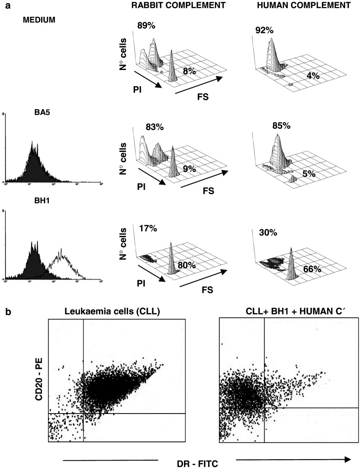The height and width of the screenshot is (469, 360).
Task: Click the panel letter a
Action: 4,4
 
